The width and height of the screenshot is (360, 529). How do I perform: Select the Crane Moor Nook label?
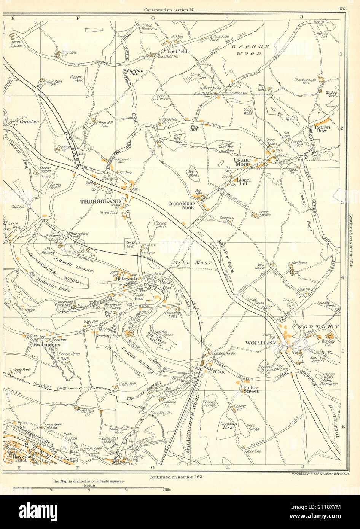pos(181,206)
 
